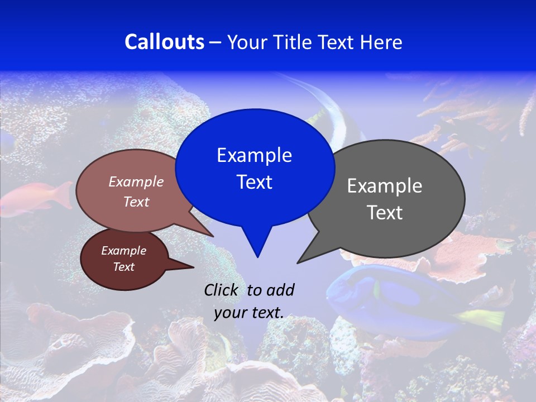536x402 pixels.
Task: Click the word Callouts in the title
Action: point(164,42)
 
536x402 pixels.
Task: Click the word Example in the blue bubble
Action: point(254,155)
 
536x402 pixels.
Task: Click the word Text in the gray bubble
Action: point(385,213)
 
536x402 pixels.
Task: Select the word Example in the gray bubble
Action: point(385,186)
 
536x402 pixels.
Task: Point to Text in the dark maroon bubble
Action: point(123,267)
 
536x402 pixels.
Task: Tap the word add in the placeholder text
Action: point(280,290)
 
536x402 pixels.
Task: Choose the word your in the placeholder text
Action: point(230,313)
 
